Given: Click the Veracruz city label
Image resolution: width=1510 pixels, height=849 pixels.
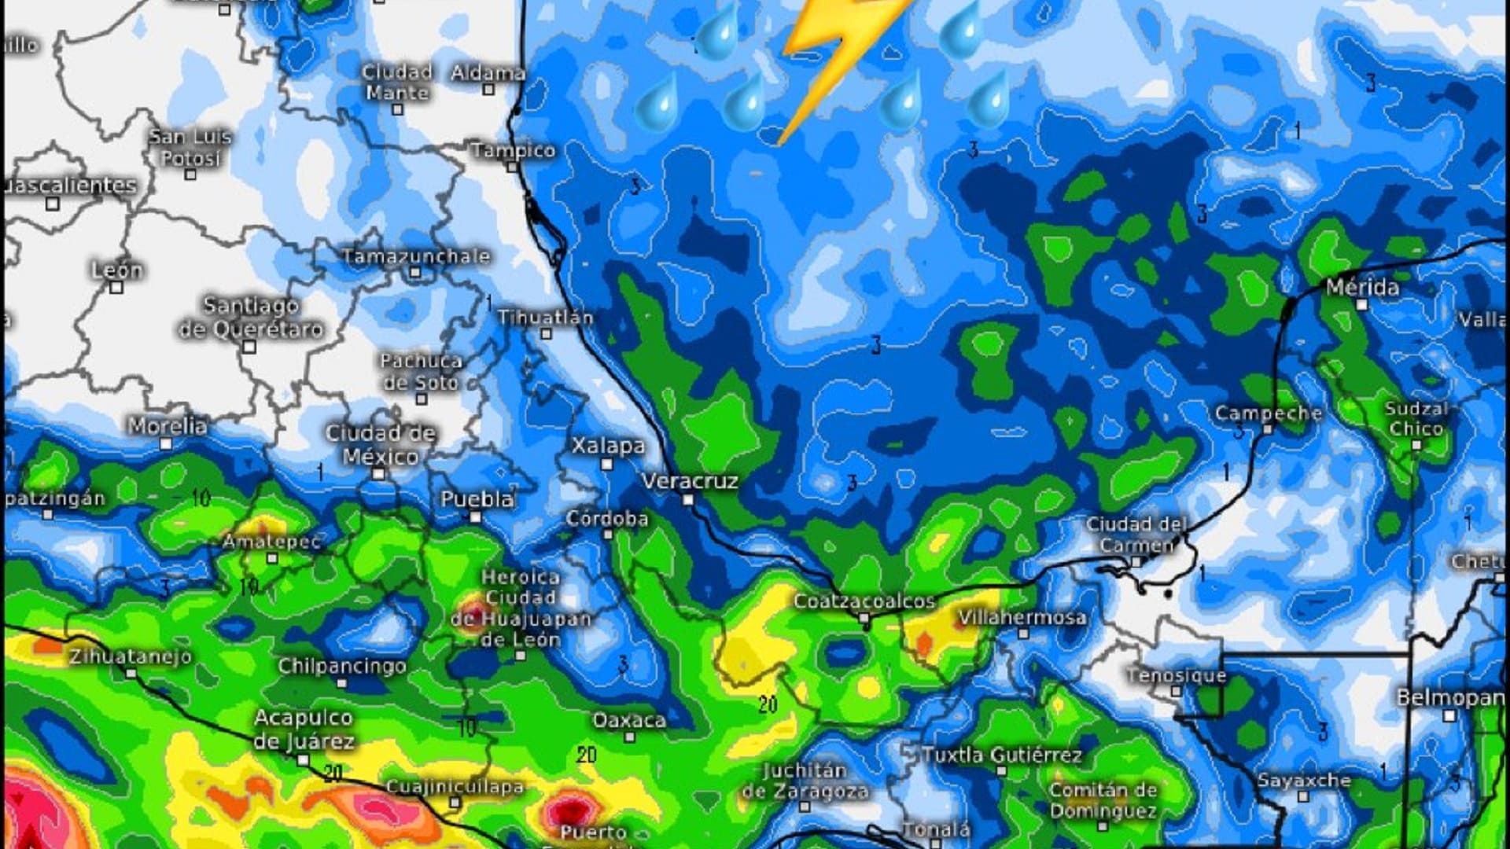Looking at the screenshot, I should pyautogui.click(x=690, y=480).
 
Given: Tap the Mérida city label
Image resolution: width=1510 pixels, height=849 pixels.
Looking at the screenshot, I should pyautogui.click(x=1362, y=287).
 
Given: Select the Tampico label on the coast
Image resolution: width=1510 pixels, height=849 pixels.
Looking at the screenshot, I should pyautogui.click(x=513, y=150).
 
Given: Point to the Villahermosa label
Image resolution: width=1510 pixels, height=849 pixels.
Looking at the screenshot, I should pyautogui.click(x=1022, y=617).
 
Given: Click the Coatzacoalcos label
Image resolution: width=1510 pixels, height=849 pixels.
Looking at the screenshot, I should pyautogui.click(x=864, y=601).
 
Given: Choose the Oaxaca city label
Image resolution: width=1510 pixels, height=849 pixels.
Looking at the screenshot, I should pyautogui.click(x=628, y=720).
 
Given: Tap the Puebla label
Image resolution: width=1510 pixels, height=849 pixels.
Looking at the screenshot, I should pyautogui.click(x=477, y=499).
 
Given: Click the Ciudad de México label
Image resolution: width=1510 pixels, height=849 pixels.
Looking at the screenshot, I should pyautogui.click(x=380, y=444).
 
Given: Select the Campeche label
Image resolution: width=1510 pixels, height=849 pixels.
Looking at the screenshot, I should pyautogui.click(x=1268, y=413).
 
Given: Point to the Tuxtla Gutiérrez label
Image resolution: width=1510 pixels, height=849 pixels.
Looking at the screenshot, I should pyautogui.click(x=1002, y=755).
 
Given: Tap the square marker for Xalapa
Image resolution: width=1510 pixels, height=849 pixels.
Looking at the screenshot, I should pyautogui.click(x=606, y=465).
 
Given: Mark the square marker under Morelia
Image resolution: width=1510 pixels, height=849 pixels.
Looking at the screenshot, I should pyautogui.click(x=166, y=444).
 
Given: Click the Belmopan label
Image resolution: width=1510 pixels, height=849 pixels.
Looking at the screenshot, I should pyautogui.click(x=1449, y=697).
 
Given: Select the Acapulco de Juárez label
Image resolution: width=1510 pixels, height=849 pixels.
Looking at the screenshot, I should pyautogui.click(x=304, y=730).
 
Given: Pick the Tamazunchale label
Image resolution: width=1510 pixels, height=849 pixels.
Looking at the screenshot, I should pyautogui.click(x=416, y=256).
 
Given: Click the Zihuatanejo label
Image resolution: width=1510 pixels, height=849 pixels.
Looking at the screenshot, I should pyautogui.click(x=130, y=656).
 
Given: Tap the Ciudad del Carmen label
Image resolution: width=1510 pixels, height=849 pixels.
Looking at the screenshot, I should pyautogui.click(x=1136, y=535).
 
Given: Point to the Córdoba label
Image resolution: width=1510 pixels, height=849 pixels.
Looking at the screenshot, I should pyautogui.click(x=607, y=519).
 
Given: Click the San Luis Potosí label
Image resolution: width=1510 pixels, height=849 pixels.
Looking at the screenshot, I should pyautogui.click(x=190, y=147).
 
